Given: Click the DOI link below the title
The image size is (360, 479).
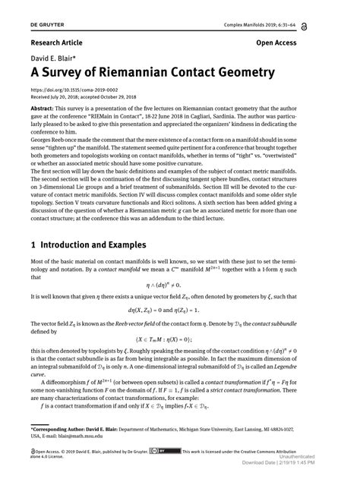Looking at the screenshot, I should [74, 91].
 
